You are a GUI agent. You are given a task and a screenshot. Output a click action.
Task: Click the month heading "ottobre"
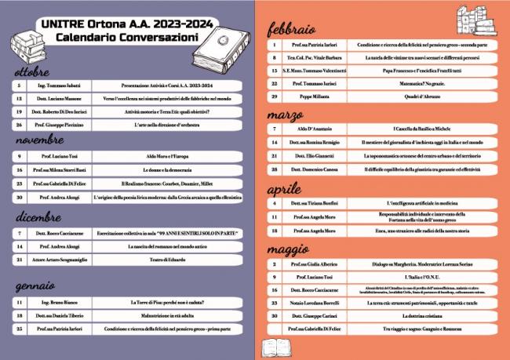(x=31, y=72)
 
